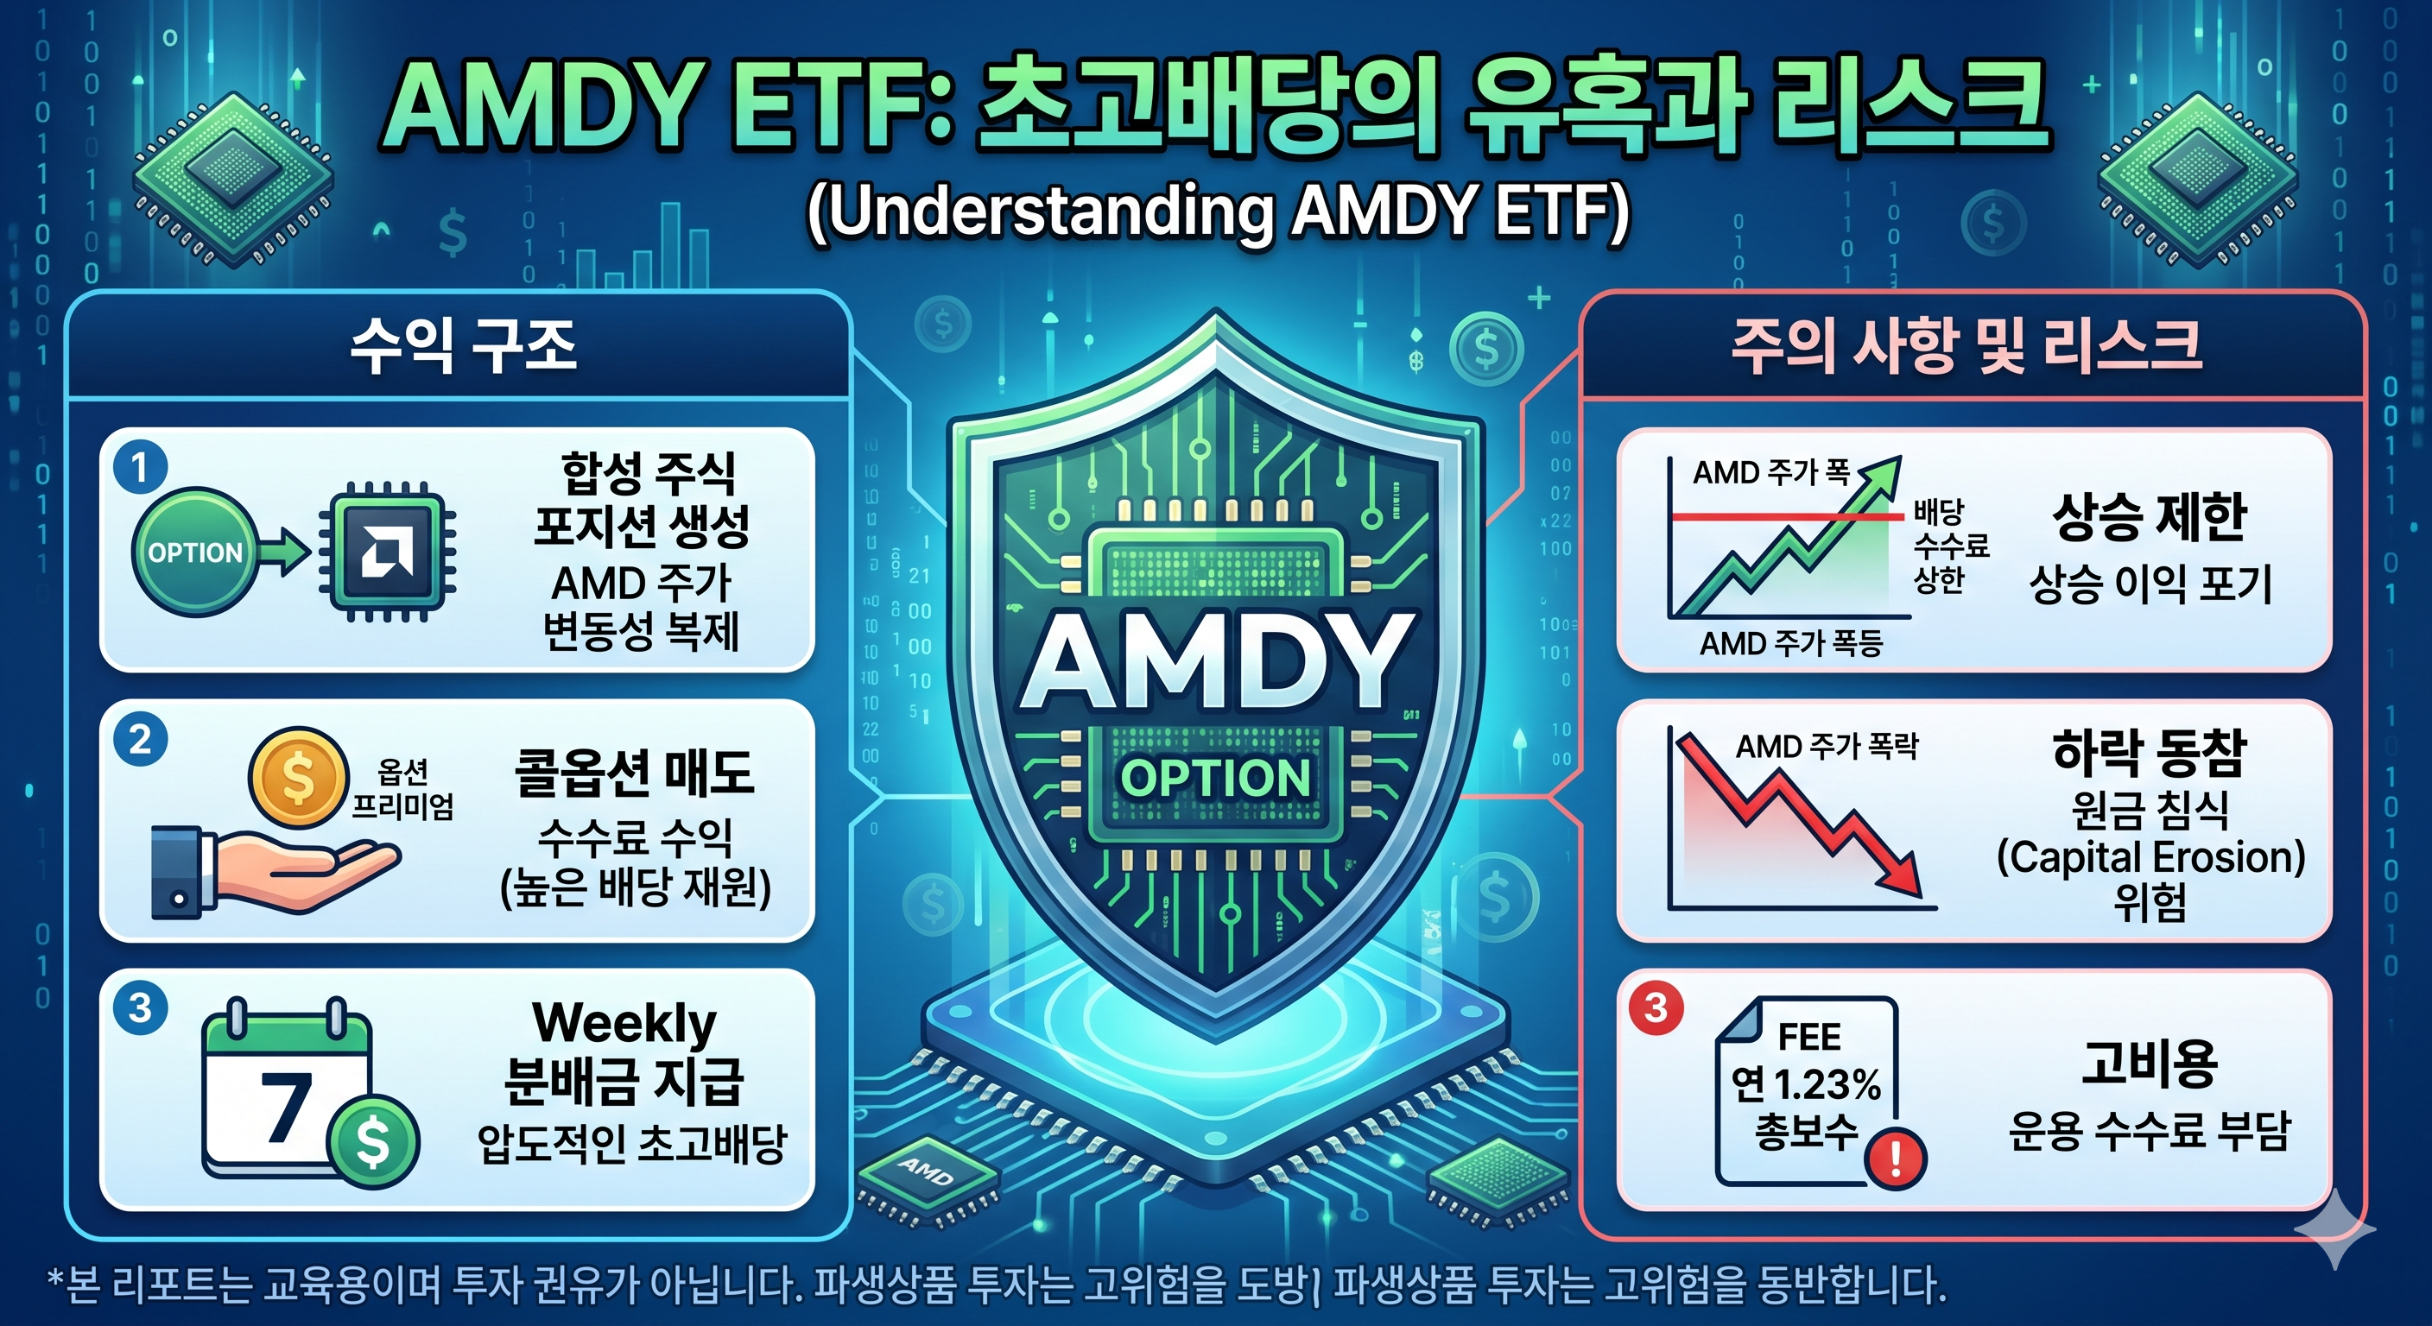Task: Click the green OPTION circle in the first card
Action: [195, 552]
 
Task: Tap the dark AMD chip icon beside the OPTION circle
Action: [387, 552]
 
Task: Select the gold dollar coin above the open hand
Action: [297, 778]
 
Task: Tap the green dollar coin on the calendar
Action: [372, 1141]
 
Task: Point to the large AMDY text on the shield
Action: [1217, 660]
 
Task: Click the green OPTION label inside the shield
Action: [1215, 778]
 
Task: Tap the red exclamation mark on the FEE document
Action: [1894, 1158]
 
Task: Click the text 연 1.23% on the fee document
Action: [1806, 1084]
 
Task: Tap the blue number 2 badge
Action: [141, 739]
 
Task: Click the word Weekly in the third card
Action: [624, 1024]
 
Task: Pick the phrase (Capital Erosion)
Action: [2150, 857]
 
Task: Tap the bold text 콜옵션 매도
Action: [635, 773]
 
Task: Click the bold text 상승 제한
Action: [2150, 516]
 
